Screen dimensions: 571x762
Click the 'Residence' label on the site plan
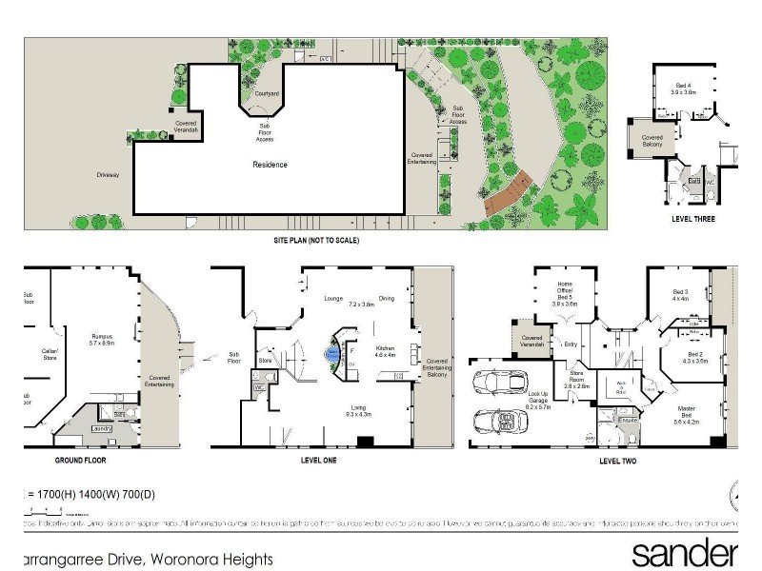click(270, 165)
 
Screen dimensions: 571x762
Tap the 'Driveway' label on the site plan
click(108, 175)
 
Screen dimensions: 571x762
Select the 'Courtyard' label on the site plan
click(267, 94)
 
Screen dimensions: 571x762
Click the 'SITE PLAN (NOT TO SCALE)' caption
click(315, 241)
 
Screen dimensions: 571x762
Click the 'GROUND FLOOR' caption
click(81, 460)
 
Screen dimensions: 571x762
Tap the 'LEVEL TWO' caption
click(617, 461)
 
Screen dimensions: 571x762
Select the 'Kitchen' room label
click(385, 349)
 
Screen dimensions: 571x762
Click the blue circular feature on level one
click(332, 354)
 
